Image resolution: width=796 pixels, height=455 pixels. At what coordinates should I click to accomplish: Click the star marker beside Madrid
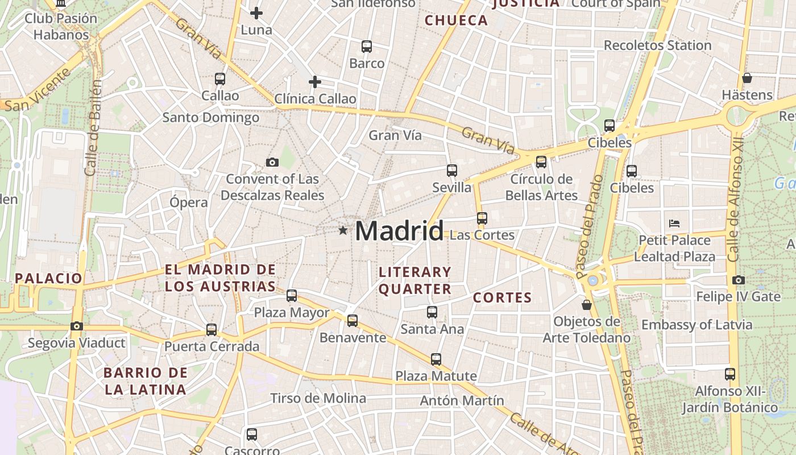pyautogui.click(x=343, y=230)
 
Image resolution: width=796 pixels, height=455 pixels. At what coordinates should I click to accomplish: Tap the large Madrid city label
pyautogui.click(x=399, y=231)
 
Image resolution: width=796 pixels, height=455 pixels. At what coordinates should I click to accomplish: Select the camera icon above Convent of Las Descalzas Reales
pyautogui.click(x=272, y=163)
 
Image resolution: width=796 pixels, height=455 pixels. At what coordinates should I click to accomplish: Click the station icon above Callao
pyautogui.click(x=220, y=79)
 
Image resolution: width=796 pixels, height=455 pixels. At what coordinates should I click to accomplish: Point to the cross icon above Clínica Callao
pyautogui.click(x=315, y=82)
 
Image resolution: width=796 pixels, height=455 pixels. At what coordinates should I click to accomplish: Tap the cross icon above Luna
pyautogui.click(x=256, y=13)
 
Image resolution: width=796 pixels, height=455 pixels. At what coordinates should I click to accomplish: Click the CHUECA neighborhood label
pyautogui.click(x=457, y=21)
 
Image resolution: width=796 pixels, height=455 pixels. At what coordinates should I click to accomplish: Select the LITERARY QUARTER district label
pyautogui.click(x=415, y=280)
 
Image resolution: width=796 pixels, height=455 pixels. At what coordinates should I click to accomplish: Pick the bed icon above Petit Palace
pyautogui.click(x=675, y=223)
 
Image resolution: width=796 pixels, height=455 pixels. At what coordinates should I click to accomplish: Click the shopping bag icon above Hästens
pyautogui.click(x=747, y=77)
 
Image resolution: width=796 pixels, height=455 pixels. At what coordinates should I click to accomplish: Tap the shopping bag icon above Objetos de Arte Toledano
pyautogui.click(x=587, y=305)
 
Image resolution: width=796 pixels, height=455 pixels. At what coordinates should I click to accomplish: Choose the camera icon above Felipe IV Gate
pyautogui.click(x=739, y=280)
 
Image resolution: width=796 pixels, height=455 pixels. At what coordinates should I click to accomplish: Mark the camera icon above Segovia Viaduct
pyautogui.click(x=76, y=326)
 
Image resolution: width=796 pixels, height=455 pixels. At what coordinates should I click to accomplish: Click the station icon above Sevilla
pyautogui.click(x=452, y=170)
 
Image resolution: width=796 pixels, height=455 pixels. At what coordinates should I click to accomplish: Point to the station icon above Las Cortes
pyautogui.click(x=482, y=218)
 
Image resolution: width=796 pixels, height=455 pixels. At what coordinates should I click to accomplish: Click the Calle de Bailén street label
pyautogui.click(x=94, y=127)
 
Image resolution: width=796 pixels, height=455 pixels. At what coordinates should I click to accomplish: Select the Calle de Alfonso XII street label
pyautogui.click(x=736, y=199)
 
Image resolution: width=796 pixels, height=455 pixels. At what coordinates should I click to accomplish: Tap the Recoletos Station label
pyautogui.click(x=657, y=45)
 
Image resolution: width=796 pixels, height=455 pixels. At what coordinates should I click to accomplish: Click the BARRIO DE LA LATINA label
pyautogui.click(x=145, y=381)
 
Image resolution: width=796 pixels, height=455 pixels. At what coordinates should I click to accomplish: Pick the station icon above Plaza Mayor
pyautogui.click(x=292, y=295)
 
